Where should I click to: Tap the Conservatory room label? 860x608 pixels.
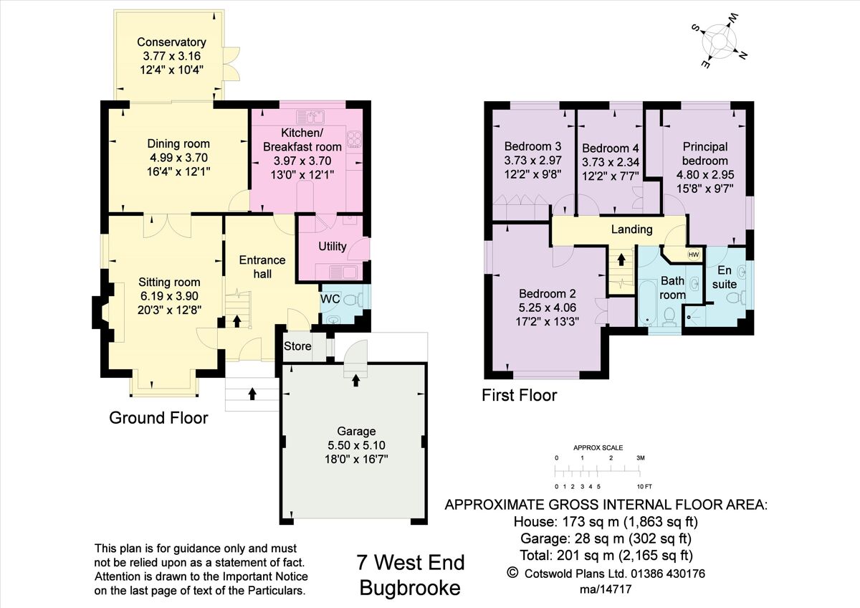point(171,42)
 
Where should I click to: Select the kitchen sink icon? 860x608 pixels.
point(310,114)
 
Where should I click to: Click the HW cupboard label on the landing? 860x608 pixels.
point(693,255)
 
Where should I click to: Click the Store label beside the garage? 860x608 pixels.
point(297,346)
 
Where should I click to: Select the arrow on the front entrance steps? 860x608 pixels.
point(252,393)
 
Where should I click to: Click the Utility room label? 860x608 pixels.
point(332,246)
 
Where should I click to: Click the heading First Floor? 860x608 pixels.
point(519,395)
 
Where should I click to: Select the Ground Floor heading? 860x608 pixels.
point(158,417)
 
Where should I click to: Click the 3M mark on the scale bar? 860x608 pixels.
point(640,457)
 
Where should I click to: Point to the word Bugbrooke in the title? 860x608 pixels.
point(409,588)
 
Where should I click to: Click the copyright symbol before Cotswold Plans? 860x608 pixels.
point(512,572)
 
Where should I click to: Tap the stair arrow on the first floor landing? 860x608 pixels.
point(621,259)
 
